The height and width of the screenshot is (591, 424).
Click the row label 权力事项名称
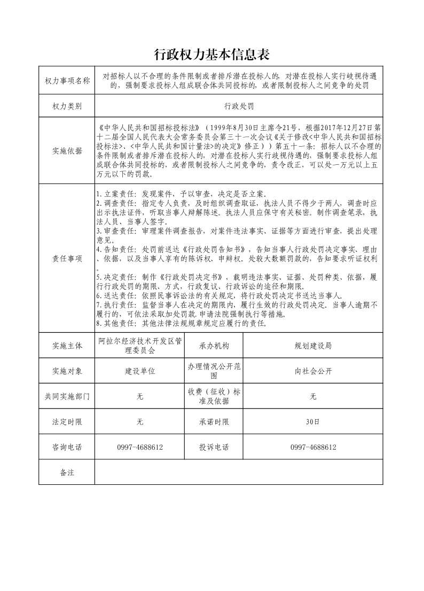[67, 81]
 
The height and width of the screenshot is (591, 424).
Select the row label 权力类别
[67, 106]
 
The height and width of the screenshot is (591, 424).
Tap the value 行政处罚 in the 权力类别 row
[239, 106]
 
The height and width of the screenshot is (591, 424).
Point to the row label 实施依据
[67, 151]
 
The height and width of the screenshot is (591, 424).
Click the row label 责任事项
[67, 259]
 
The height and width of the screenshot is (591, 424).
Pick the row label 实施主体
[67, 346]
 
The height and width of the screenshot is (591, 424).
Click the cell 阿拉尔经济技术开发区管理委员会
[140, 346]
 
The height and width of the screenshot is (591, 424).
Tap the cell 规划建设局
[313, 346]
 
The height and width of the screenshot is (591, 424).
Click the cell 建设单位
[140, 371]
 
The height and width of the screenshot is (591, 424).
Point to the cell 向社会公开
[313, 371]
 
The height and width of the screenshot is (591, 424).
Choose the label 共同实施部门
[67, 396]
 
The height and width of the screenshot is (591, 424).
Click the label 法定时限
[67, 422]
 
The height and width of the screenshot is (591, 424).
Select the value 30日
[313, 422]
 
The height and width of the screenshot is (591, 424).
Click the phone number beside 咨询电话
[140, 448]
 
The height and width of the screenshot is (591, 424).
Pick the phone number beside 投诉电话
[313, 448]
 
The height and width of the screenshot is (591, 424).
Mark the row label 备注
[67, 473]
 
